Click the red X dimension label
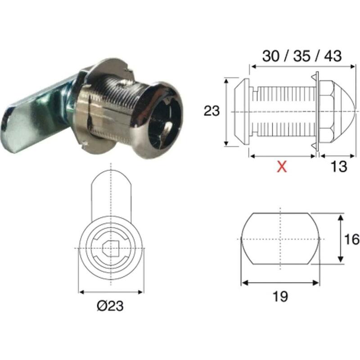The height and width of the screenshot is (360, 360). point(282,166)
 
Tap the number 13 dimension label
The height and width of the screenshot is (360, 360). point(339,166)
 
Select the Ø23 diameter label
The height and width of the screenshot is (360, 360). point(110,306)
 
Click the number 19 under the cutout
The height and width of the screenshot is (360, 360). point(280,296)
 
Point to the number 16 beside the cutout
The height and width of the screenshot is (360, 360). point(351,239)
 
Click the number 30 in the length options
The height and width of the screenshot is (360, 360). point(271,56)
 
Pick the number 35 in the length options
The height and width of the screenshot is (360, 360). point(301,56)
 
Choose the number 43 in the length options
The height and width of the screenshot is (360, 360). point(333,56)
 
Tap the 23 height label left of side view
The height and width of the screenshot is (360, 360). point(211,111)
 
